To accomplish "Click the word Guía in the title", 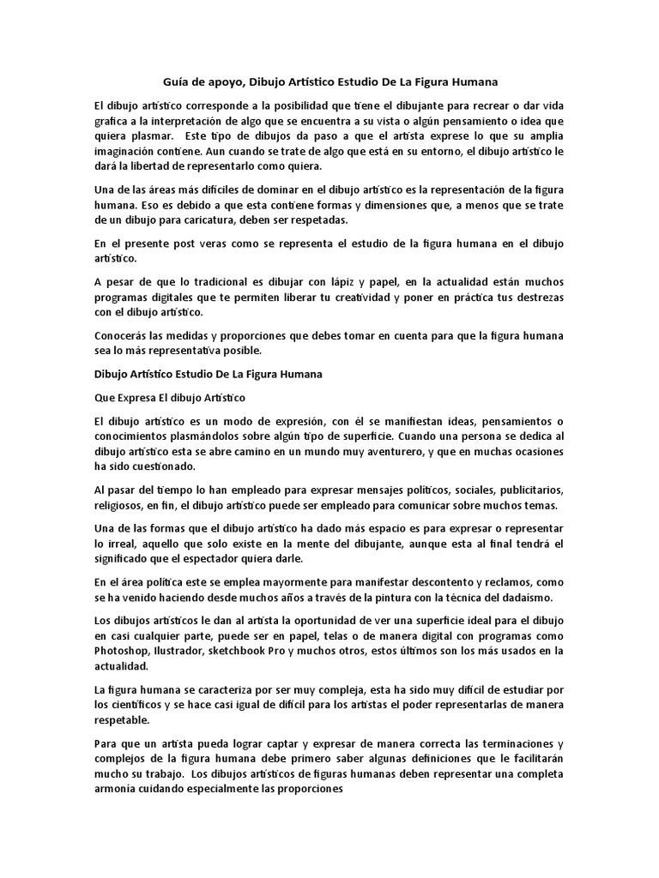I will click(177, 82).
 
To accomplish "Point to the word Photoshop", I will click(123, 650).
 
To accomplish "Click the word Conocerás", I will click(127, 334).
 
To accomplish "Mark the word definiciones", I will click(430, 760).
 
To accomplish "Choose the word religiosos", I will click(120, 505).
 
